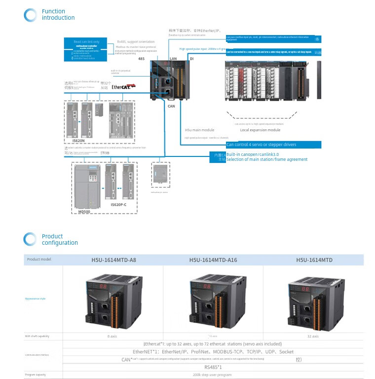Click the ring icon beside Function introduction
30,15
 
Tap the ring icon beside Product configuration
30,239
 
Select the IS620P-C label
118,204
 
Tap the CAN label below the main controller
171,106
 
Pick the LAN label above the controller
173,59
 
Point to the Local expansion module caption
260,130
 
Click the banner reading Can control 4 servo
273,145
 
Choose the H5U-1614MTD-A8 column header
113,260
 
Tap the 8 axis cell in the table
112,336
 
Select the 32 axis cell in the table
313,336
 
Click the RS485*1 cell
213,367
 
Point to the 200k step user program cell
213,375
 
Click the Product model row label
39,260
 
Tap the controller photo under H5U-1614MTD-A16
213,299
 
